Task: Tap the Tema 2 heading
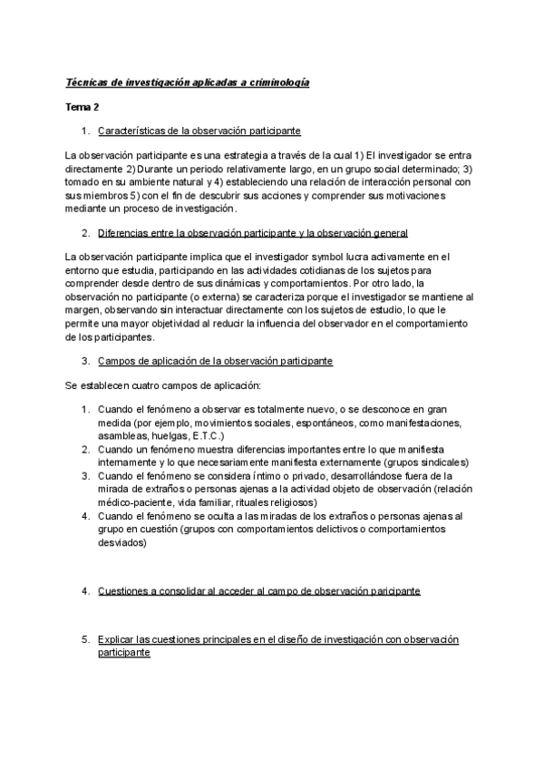(x=83, y=107)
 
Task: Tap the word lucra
(x=384, y=258)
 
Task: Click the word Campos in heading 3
(x=117, y=361)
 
